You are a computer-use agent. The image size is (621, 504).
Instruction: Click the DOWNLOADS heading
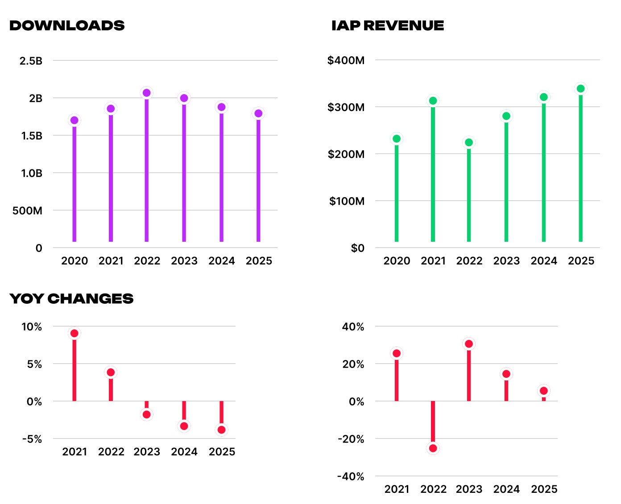[x=67, y=26]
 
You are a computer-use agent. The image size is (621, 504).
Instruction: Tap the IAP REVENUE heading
[x=388, y=26]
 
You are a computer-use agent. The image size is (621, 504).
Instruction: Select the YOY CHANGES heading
[x=71, y=298]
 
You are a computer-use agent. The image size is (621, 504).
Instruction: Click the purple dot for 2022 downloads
[x=147, y=93]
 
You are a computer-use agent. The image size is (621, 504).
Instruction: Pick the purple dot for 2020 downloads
[x=75, y=120]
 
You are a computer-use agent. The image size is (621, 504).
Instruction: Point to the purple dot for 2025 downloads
[x=258, y=113]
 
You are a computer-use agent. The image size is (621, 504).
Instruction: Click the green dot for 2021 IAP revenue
[x=433, y=101]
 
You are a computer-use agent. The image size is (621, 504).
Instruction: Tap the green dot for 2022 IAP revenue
[x=469, y=143]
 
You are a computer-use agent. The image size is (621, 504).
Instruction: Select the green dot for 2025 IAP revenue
[x=581, y=89]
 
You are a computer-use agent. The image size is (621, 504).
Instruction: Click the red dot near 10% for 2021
[x=75, y=333]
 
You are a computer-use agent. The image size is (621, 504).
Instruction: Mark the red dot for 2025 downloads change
[x=222, y=430]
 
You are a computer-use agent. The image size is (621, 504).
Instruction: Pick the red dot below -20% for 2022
[x=433, y=448]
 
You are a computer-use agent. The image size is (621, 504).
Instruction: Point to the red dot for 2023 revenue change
[x=469, y=344]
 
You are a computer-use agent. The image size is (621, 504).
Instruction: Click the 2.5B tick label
[x=31, y=61]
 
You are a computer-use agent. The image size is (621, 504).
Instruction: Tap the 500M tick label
[x=27, y=211]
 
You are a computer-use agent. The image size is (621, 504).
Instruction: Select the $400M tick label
[x=346, y=60]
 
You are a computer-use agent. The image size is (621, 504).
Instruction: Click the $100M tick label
[x=347, y=201]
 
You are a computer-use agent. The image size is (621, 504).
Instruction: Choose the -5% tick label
[x=32, y=439]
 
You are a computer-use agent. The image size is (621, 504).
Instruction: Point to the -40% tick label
[x=351, y=477]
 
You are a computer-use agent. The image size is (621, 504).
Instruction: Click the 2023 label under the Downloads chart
[x=184, y=260]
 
